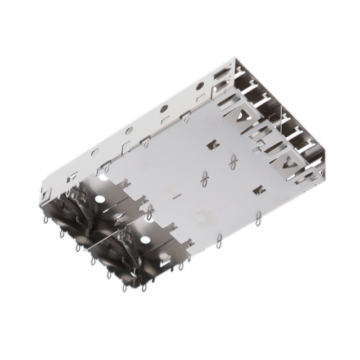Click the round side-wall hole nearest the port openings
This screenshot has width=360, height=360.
pyautogui.click(x=200, y=86)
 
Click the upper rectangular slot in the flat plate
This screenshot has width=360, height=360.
pyautogui.click(x=213, y=146)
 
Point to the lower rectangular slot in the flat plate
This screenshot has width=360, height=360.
pyautogui.click(x=259, y=191)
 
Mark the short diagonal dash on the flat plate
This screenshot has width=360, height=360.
pyautogui.click(x=177, y=196)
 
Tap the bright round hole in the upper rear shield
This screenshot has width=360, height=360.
pyautogui.click(x=99, y=200)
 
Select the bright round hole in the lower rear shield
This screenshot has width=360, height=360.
pyautogui.click(x=145, y=241)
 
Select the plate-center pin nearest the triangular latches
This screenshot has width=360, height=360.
pyautogui.click(x=233, y=163)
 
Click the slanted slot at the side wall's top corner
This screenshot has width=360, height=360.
pyautogui.click(x=220, y=73)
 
